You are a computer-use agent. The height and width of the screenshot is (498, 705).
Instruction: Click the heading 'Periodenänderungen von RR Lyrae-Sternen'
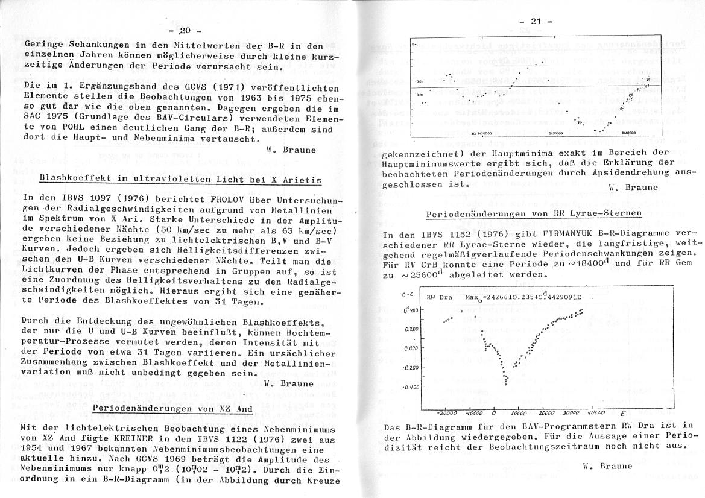[534, 214]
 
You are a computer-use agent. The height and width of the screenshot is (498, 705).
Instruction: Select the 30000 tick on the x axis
[570, 414]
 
